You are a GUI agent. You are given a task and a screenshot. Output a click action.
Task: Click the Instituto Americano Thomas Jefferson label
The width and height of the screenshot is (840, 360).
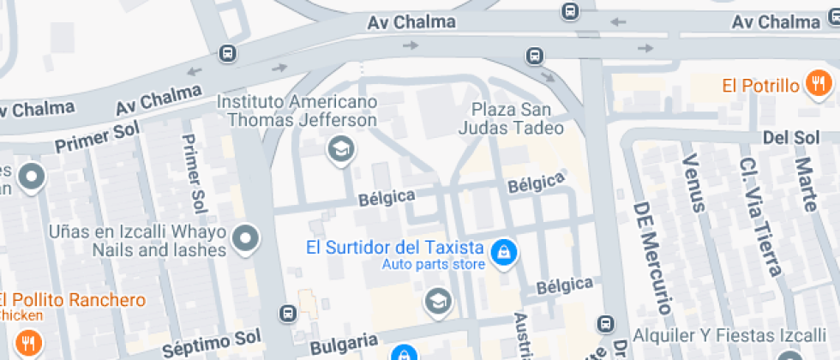297,111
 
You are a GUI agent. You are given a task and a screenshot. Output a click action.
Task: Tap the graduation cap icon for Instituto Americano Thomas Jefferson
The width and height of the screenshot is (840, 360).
341,149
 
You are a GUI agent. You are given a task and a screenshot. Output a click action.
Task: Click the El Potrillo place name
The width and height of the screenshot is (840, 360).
760,85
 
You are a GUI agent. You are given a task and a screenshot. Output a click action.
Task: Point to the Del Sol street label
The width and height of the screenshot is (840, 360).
790,137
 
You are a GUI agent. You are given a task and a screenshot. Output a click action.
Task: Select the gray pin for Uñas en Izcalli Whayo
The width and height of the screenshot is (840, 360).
247,238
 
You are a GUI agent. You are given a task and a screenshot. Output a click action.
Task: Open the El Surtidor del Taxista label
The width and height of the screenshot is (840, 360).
395,248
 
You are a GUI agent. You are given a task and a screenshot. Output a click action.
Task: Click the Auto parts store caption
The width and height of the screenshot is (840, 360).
434,264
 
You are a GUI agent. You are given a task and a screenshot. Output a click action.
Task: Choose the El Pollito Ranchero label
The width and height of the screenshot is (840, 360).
72,300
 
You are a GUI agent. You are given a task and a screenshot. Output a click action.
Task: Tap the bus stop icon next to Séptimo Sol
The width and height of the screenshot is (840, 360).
288,315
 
